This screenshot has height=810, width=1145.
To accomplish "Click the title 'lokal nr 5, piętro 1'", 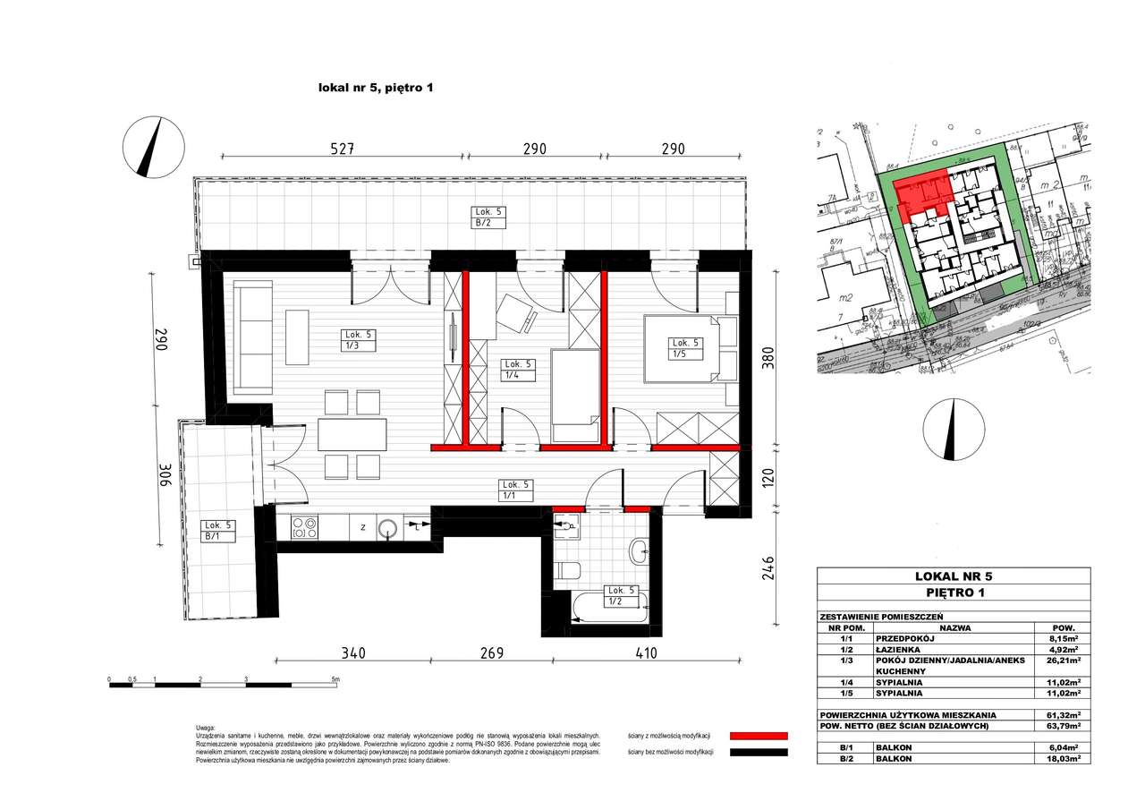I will (x=376, y=88).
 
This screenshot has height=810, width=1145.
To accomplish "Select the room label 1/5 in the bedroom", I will (x=686, y=348).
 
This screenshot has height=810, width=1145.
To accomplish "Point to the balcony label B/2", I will (x=489, y=217).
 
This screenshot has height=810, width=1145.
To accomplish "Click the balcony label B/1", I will (x=218, y=531).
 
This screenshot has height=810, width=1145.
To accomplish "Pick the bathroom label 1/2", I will (x=621, y=596).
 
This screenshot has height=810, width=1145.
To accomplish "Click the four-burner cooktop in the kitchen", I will (x=305, y=529).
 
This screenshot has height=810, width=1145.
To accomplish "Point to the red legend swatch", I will (x=759, y=735).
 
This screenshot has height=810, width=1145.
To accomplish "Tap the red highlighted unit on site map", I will (x=921, y=192).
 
